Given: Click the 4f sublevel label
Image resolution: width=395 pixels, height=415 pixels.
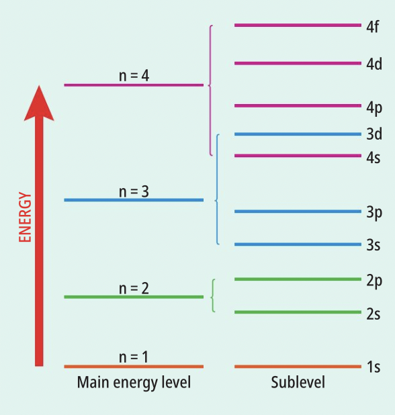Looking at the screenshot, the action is pyautogui.click(x=373, y=27).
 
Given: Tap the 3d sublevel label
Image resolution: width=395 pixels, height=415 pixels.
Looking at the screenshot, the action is pyautogui.click(x=374, y=134).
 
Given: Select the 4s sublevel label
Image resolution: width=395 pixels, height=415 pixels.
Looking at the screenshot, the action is pyautogui.click(x=374, y=158).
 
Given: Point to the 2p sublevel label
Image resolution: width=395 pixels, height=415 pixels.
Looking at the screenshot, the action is pyautogui.click(x=374, y=281).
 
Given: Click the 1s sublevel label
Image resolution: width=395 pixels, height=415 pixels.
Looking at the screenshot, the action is pyautogui.click(x=374, y=367).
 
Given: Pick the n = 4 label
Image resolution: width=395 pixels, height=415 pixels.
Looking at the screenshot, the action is pyautogui.click(x=134, y=75).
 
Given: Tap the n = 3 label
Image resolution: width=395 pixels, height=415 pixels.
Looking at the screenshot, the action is pyautogui.click(x=134, y=191).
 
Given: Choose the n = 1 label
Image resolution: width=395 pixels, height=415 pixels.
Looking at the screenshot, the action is pyautogui.click(x=134, y=357).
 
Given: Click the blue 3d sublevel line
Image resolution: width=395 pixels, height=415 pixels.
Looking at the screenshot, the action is pyautogui.click(x=298, y=134).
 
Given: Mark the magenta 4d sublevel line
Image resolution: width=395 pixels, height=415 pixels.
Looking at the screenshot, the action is pyautogui.click(x=298, y=63).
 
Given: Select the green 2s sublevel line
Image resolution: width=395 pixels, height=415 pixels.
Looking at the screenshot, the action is pyautogui.click(x=298, y=312).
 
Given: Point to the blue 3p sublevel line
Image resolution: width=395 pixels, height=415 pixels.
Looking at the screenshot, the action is pyautogui.click(x=298, y=212).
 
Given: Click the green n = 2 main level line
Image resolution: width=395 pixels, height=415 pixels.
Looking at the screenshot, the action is pyautogui.click(x=134, y=297).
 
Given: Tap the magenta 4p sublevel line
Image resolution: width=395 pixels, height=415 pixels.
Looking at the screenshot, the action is pyautogui.click(x=298, y=105).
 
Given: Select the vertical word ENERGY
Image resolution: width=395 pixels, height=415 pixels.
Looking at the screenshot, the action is pyautogui.click(x=25, y=217).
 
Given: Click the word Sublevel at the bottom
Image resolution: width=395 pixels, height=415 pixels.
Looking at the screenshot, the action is pyautogui.click(x=298, y=383).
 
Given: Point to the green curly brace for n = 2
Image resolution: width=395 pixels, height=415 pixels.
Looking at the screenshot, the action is pyautogui.click(x=212, y=295).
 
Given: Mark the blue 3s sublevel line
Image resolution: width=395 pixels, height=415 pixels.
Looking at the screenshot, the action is pyautogui.click(x=298, y=244).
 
